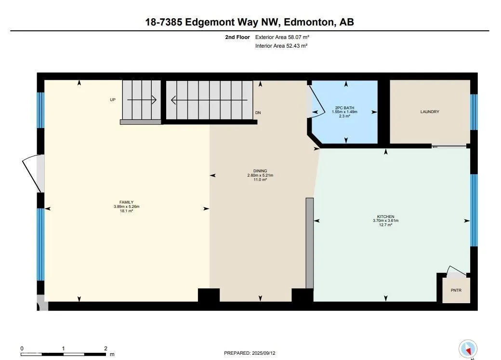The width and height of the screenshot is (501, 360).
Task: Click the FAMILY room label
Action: [127, 202]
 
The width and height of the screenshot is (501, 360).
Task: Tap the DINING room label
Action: [260, 171]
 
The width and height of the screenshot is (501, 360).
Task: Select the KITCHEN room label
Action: [386, 217]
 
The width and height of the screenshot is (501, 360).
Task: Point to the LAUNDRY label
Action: [430, 112]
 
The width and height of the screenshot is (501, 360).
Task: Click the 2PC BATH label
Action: [345, 108]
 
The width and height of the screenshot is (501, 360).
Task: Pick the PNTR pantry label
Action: [456, 290]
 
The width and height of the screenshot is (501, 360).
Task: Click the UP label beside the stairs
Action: [112, 100]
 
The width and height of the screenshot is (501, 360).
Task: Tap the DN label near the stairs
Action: [258, 113]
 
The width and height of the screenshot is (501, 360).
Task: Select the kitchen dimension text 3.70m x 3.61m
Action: [386, 220]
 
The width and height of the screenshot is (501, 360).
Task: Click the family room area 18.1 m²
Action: [127, 211]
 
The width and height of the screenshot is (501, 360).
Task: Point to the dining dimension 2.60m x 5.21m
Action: [260, 175]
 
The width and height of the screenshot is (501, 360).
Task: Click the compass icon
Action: [468, 349]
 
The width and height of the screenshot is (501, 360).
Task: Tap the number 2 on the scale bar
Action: [105, 348]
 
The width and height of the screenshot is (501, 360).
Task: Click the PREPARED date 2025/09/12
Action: [264, 353]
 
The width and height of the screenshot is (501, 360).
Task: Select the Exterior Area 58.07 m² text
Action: [282, 37]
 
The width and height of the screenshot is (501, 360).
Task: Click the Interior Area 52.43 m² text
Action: [281, 46]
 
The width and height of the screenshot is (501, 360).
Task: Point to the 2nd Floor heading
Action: [237, 37]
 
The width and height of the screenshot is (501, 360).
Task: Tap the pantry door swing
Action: [456, 270]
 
